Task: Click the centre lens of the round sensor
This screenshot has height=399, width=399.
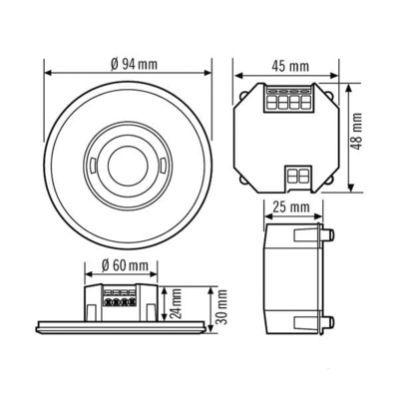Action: pos(127,158)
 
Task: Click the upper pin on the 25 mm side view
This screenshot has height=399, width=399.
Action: pos(329,235)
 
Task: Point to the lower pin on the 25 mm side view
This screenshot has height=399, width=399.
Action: pos(329,321)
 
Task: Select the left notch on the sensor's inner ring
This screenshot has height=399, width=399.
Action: pos(90,158)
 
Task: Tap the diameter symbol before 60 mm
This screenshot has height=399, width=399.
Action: pos(106,266)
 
